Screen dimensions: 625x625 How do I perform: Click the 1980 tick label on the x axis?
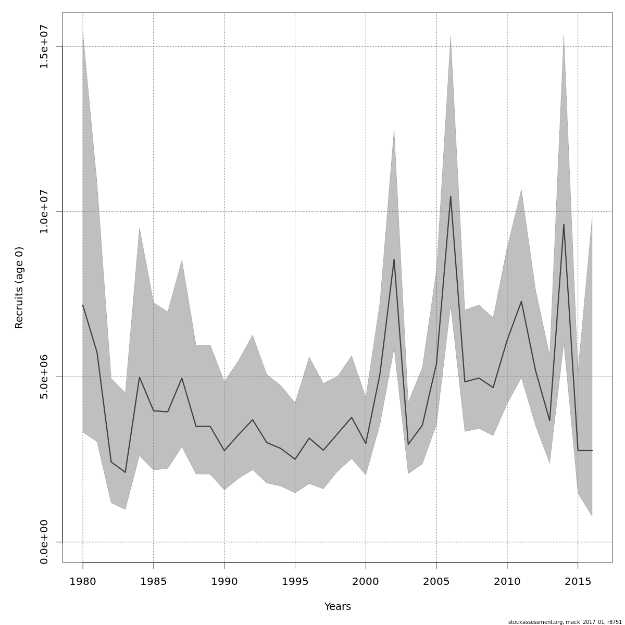tap(83, 581)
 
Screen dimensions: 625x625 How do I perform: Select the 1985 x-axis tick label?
tap(153, 581)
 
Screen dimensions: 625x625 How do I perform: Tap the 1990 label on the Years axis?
tap(224, 581)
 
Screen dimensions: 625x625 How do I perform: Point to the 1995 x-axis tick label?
tap(295, 581)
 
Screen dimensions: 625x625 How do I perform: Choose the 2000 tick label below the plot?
tap(366, 581)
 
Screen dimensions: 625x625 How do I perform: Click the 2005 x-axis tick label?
tap(436, 581)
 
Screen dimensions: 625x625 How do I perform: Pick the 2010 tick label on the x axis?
tap(507, 581)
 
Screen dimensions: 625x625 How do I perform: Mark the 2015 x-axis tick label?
tap(578, 581)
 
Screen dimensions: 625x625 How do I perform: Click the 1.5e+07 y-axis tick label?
tap(44, 46)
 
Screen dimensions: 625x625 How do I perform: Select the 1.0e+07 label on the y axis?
tap(44, 211)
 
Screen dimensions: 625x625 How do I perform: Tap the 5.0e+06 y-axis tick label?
tap(44, 377)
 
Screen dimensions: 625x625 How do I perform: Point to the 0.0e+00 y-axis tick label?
tap(44, 542)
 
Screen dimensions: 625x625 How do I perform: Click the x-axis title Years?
tap(337, 607)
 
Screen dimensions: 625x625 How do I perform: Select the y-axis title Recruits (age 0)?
tap(19, 287)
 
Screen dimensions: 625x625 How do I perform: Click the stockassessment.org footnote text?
tap(565, 622)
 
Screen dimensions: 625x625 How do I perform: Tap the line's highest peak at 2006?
tap(451, 196)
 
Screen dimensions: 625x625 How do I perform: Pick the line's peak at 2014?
tap(564, 224)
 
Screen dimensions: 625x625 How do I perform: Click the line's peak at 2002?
tap(394, 259)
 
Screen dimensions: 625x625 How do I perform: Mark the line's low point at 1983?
tap(125, 472)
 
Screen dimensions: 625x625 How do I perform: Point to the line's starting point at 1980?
tap(83, 305)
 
